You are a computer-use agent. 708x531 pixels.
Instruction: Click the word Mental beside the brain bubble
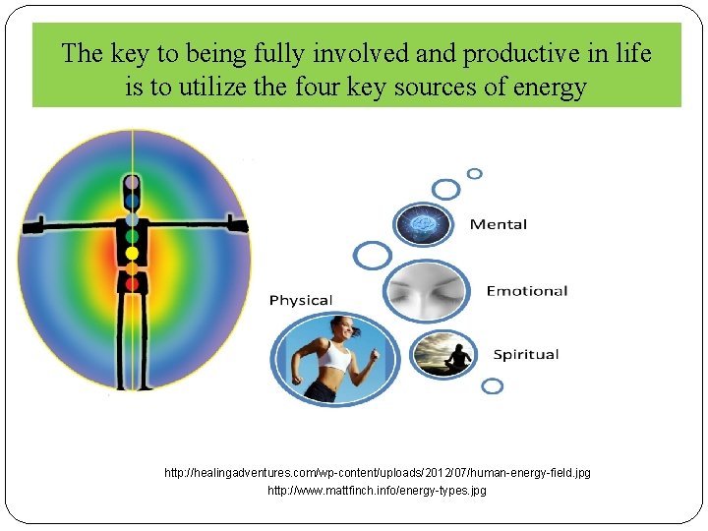[x=498, y=224]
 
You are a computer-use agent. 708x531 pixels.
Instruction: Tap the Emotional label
[x=527, y=291]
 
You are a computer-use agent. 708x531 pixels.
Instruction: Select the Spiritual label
[x=525, y=354]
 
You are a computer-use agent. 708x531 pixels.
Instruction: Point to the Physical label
[x=301, y=300]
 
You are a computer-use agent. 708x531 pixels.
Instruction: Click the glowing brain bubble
[x=425, y=224]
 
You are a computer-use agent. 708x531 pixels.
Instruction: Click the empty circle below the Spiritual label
[x=492, y=386]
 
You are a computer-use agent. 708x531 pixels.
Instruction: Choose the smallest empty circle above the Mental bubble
[x=474, y=174]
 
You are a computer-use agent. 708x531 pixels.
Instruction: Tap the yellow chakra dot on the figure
[x=132, y=253]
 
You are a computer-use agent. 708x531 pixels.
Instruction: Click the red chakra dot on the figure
[x=132, y=283]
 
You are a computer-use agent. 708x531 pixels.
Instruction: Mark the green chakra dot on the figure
[x=132, y=236]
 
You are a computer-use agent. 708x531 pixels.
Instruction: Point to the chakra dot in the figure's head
[x=132, y=183]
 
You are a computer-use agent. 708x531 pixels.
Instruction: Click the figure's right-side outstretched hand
[x=238, y=224]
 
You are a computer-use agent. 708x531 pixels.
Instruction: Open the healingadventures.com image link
[x=378, y=473]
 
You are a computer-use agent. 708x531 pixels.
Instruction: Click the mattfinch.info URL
[x=378, y=490]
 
